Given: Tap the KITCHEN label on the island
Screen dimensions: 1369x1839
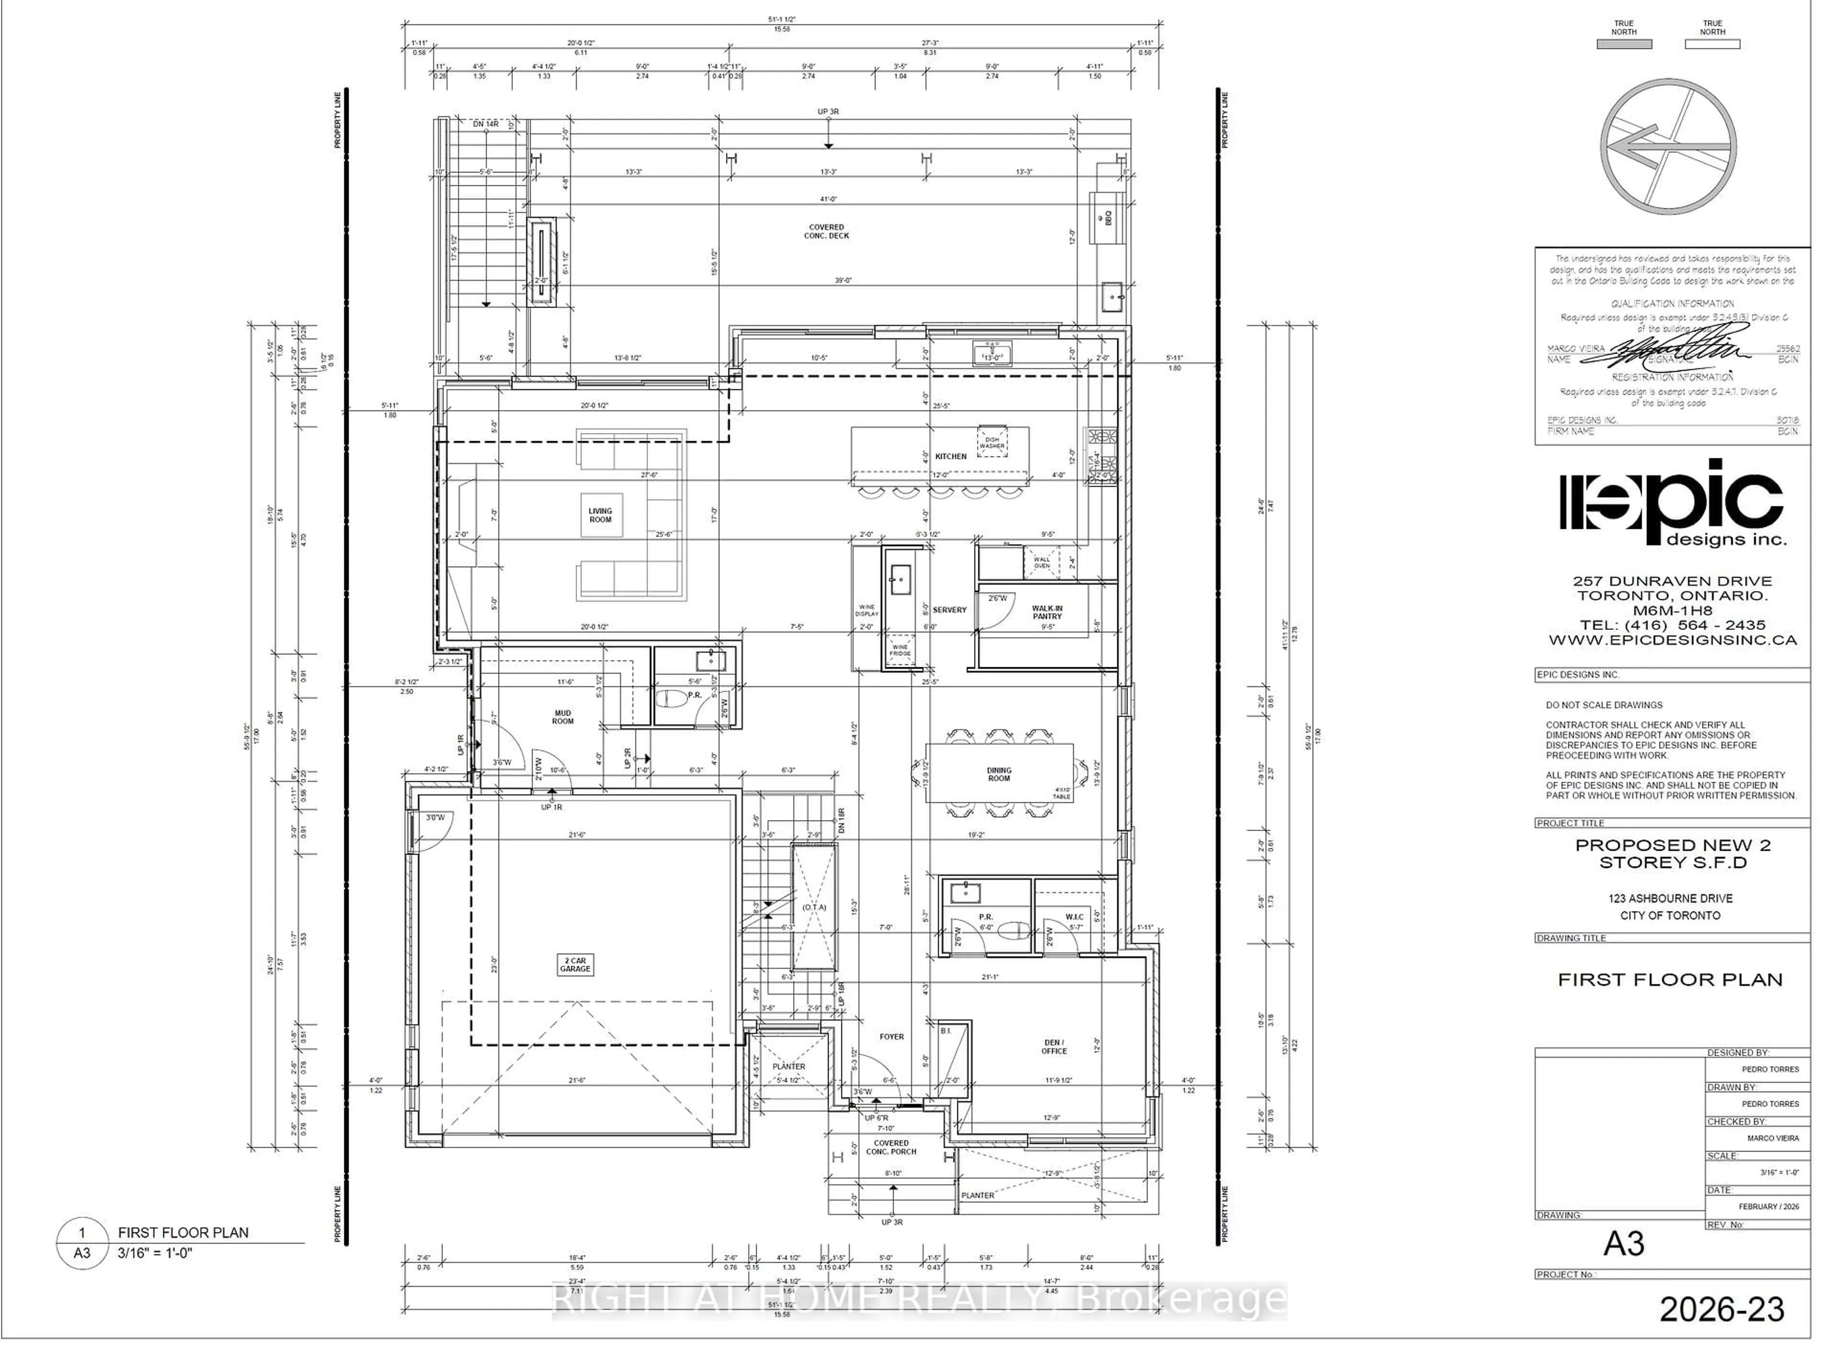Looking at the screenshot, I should point(950,456).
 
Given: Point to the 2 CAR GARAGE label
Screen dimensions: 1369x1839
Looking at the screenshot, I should point(575,965).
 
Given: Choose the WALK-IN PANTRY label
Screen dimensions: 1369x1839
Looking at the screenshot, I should point(1046,612).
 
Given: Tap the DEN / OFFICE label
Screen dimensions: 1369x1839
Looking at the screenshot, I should point(1054,1047).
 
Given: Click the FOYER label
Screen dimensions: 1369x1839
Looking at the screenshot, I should point(891,1037).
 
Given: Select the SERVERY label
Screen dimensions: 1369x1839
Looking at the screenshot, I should point(949,610).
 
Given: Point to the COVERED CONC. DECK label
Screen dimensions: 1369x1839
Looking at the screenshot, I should point(826,231).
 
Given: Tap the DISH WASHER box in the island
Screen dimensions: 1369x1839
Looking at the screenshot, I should point(991,443).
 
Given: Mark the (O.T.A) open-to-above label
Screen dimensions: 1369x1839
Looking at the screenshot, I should point(814,907).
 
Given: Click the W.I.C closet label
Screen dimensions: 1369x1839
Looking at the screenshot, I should point(1074,917).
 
